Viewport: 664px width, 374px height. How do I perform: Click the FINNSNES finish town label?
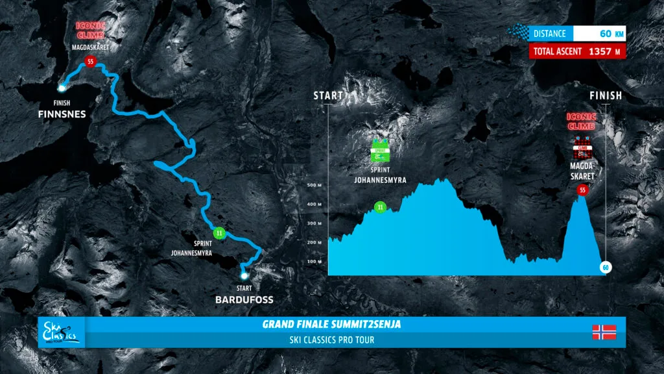pos(62,114)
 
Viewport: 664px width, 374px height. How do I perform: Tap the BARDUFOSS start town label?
pos(244,299)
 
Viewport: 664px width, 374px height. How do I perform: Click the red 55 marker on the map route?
pos(89,62)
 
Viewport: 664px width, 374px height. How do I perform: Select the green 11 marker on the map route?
pos(220,233)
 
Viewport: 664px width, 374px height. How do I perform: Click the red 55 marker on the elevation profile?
pos(582,190)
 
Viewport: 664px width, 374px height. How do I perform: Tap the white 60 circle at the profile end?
pos(606,268)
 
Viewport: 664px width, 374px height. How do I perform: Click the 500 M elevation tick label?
pos(314,185)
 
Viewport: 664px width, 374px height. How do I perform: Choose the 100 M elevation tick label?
pos(314,261)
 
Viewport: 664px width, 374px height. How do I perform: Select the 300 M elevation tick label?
pos(314,223)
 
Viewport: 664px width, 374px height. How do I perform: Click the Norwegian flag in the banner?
pos(604,332)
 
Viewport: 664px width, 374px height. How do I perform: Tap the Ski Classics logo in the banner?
pos(60,331)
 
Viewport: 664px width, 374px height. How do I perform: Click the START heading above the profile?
pos(328,95)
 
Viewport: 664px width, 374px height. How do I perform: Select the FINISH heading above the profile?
pos(606,95)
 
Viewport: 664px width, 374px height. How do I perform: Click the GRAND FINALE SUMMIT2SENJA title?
pos(331,324)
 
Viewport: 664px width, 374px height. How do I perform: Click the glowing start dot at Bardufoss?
pos(244,275)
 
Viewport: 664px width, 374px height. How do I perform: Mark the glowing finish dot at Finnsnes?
pos(62,88)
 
